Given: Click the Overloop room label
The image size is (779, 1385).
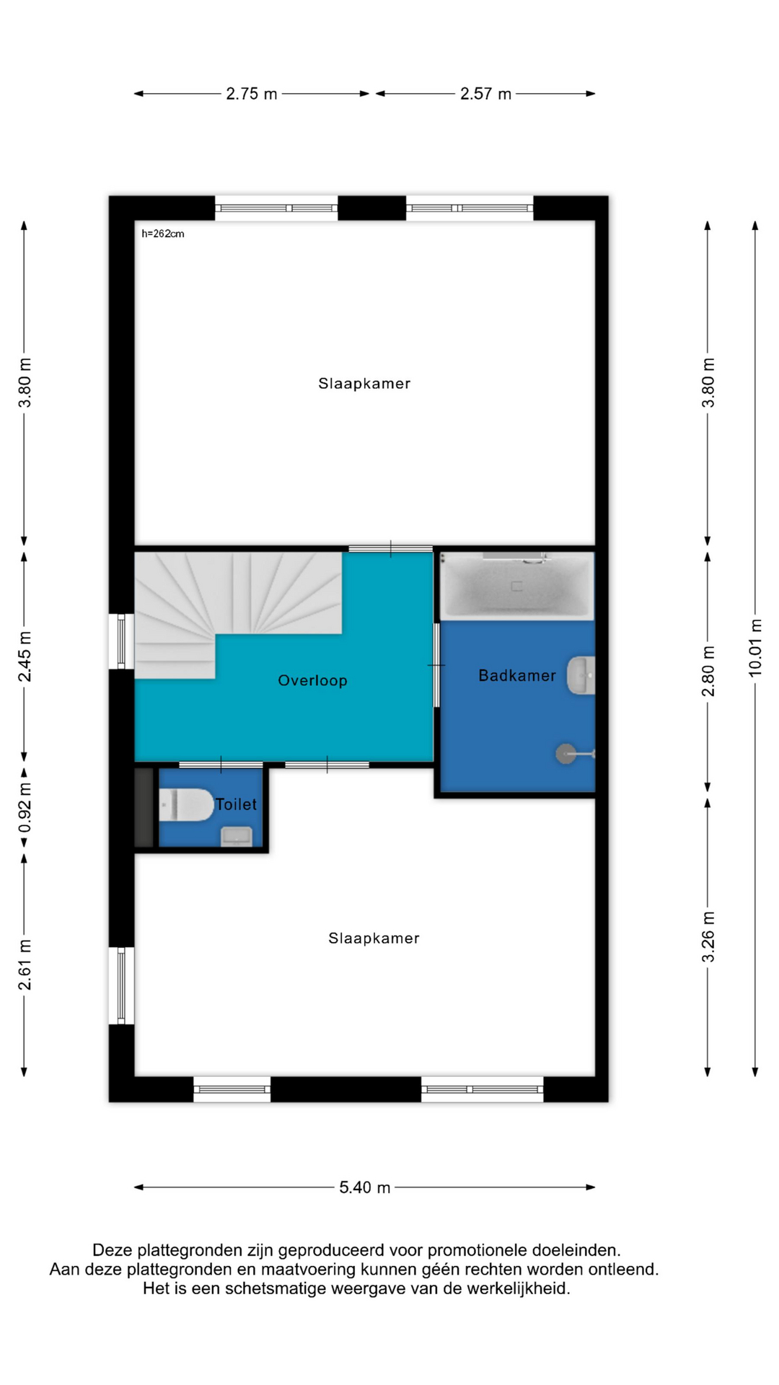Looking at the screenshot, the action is coord(312,680).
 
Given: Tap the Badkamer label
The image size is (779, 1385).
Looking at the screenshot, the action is coord(517,675).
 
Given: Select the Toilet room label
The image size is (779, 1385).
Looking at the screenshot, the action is coord(236,804).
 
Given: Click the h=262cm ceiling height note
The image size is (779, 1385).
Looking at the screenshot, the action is coord(163,234).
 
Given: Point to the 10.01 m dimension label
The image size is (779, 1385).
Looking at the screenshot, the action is coord(755,648).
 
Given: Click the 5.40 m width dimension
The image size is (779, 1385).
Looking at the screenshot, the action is coord(365,1187).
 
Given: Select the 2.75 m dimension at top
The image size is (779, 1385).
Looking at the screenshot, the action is coord(252,93).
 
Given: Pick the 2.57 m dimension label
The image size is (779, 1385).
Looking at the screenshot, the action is coord(485,93).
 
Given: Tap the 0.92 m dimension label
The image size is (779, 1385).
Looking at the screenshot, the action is coord(25,807).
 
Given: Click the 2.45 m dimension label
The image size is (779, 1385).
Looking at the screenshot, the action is coord(25,656).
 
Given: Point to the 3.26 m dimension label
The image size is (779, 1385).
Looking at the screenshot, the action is coord(708,936).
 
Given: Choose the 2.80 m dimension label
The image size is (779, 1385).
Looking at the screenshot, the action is coord(708,670).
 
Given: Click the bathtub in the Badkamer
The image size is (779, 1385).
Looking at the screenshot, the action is coord(517,586).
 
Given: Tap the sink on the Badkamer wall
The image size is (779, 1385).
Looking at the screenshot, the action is coord(581,675).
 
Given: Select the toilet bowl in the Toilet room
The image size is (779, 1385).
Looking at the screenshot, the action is coord(186,804).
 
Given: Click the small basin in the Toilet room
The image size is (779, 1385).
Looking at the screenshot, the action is coord(236,836).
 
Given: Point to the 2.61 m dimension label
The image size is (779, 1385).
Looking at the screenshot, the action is coord(25,964).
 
